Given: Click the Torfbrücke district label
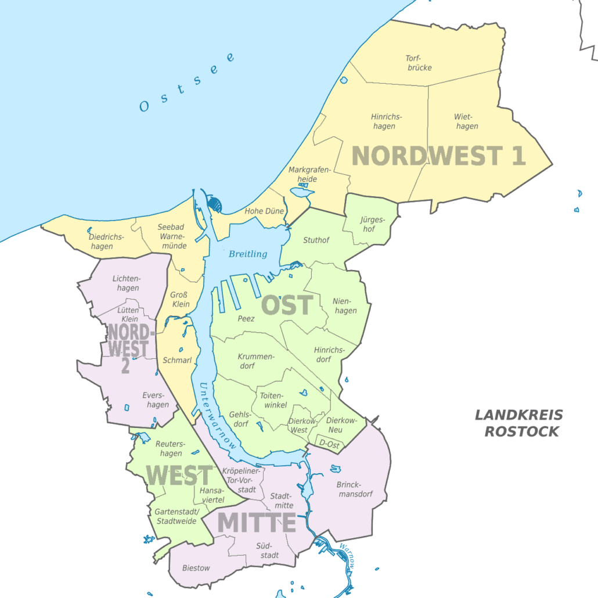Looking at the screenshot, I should [x=418, y=63].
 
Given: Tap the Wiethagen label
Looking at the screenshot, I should [x=467, y=121].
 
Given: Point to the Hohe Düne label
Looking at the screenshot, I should [x=264, y=211].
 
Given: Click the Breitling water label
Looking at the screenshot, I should [x=248, y=254].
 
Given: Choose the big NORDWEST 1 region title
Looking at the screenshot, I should [x=438, y=156].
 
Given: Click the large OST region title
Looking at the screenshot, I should [x=287, y=305].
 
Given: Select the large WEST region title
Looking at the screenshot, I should [x=179, y=475].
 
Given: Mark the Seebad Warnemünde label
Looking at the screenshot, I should [x=172, y=236].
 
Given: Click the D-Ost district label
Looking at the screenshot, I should [x=329, y=444].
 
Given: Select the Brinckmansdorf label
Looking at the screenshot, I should [x=354, y=489].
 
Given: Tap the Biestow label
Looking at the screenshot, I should [x=196, y=568].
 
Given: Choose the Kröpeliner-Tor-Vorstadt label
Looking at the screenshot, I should [x=240, y=480].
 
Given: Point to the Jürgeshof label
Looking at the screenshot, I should [x=372, y=224].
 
